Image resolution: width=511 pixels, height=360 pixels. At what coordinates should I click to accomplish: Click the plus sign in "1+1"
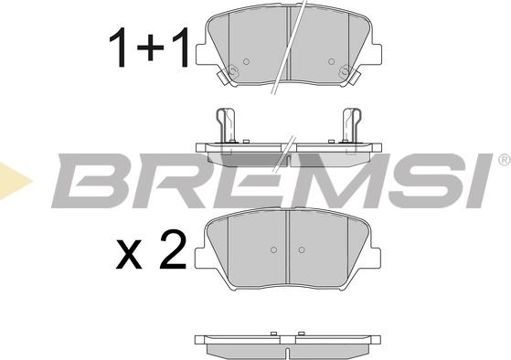click(x=150, y=48)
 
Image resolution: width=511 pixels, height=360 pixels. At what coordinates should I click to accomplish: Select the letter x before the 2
click(x=129, y=256)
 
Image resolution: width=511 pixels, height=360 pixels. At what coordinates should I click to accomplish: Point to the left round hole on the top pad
click(x=247, y=61)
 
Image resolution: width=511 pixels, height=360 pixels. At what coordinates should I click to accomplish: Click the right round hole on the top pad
click(x=331, y=61)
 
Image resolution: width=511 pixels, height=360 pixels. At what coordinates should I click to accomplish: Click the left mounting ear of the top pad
click(x=201, y=54)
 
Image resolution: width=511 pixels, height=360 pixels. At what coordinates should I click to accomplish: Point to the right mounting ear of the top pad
click(x=376, y=54)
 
